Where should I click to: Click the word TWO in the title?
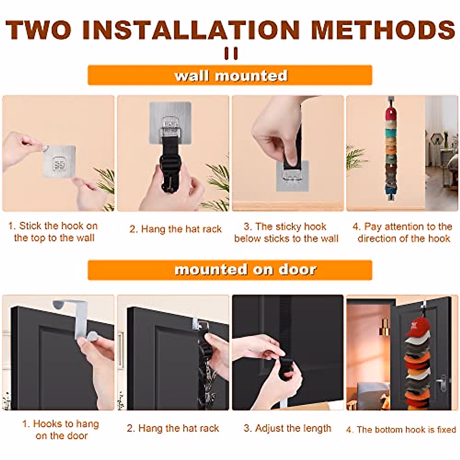38,30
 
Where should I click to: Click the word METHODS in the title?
383,30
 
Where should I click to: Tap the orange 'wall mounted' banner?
230,75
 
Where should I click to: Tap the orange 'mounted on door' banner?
230,270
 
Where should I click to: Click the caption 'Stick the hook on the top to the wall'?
53,232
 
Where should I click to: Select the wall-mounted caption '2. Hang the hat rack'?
176,229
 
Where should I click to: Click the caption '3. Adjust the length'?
287,428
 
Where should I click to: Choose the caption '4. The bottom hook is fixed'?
401,430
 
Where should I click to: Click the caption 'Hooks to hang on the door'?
61,430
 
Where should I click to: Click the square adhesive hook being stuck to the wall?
59,162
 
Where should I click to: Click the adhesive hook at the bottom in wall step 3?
292,176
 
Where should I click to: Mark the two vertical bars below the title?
231,53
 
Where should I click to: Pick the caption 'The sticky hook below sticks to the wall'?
286,232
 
